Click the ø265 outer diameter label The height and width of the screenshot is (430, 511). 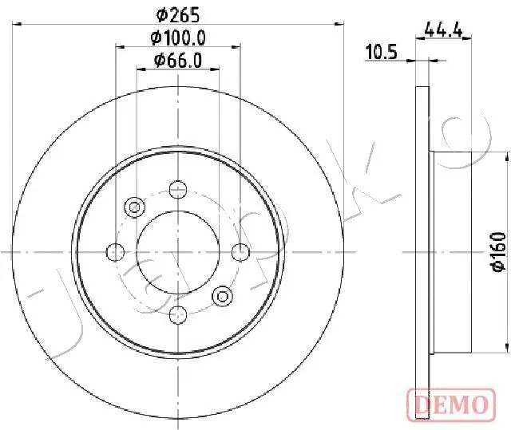pyautogui.click(x=178, y=15)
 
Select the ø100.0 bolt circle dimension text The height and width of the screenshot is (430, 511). pyautogui.click(x=178, y=38)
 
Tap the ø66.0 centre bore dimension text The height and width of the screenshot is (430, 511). pyautogui.click(x=178, y=61)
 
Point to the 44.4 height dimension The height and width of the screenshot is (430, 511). pyautogui.click(x=444, y=31)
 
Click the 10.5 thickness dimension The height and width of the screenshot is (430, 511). pyautogui.click(x=382, y=53)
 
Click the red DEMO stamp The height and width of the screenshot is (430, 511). pyautogui.click(x=451, y=405)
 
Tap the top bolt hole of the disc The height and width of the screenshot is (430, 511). pyautogui.click(x=178, y=189)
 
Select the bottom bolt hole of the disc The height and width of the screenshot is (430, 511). pyautogui.click(x=178, y=315)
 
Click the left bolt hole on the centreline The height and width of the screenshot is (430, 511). pyautogui.click(x=115, y=252)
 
